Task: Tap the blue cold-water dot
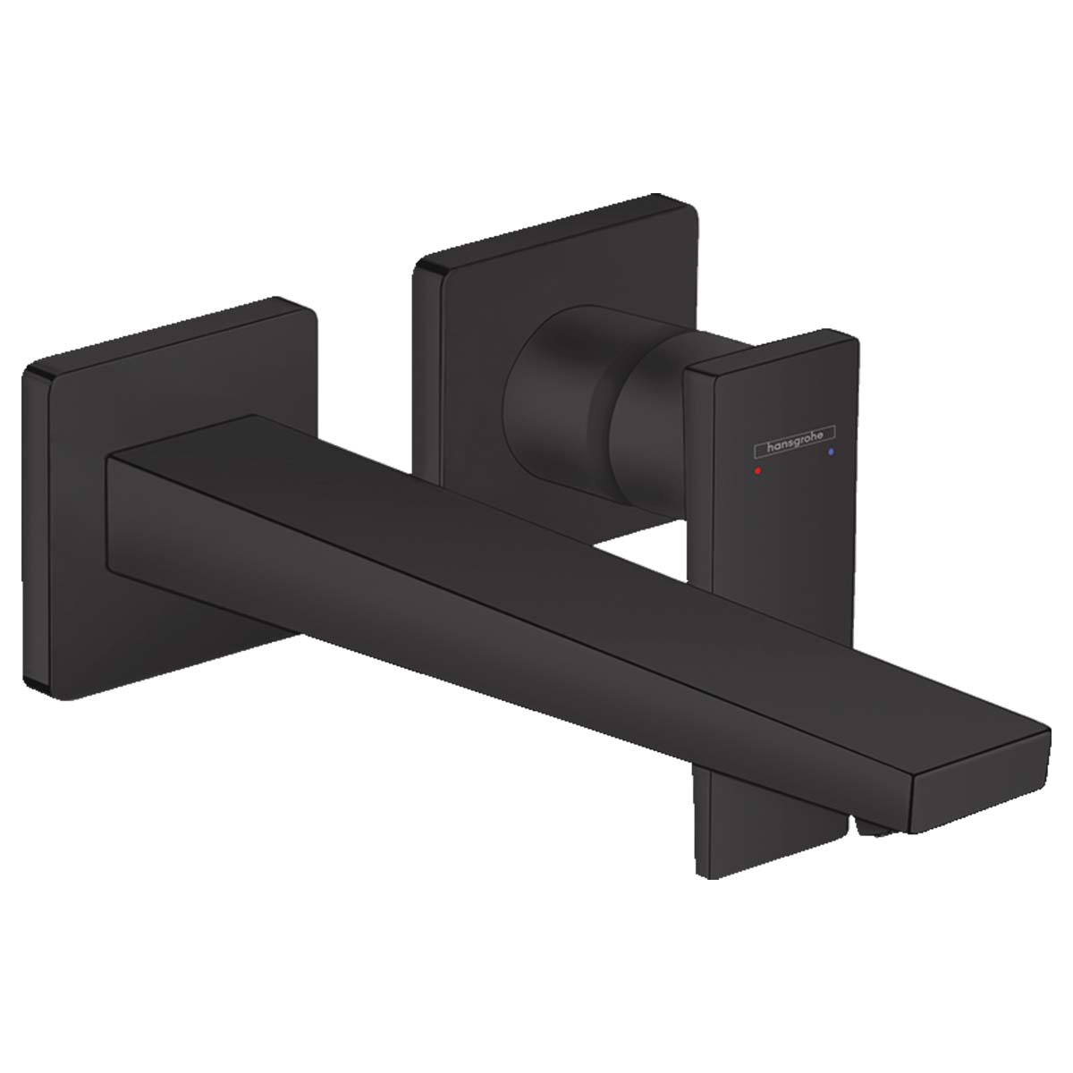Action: point(832,454)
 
